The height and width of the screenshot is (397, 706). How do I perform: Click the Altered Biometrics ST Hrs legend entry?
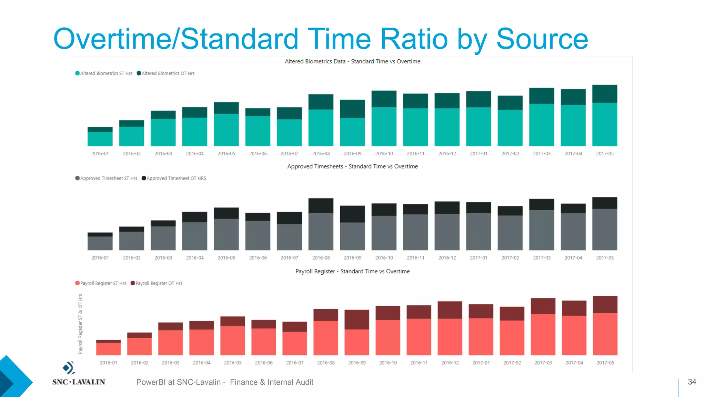(x=104, y=73)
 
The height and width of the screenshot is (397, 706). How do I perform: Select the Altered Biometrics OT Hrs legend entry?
(x=166, y=73)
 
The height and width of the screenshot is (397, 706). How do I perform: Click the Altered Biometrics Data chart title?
(x=352, y=61)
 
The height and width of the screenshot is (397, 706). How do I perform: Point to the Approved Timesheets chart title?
(x=352, y=166)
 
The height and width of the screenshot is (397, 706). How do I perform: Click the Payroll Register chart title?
(x=352, y=272)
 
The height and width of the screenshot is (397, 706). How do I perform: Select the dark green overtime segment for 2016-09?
(x=352, y=109)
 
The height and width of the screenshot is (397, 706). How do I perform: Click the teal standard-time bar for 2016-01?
(x=100, y=139)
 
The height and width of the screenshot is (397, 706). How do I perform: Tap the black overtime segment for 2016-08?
(x=321, y=206)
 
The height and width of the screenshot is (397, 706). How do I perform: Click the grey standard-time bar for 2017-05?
(x=605, y=229)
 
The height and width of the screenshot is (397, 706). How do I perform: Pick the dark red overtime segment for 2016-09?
(x=357, y=319)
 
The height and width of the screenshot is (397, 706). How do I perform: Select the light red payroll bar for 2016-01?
(x=108, y=349)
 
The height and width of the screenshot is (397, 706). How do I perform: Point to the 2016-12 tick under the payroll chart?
(x=450, y=363)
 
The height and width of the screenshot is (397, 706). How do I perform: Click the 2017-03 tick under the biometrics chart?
(x=542, y=154)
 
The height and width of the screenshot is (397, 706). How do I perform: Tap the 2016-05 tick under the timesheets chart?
(x=226, y=258)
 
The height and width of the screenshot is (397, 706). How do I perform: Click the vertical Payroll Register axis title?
(x=80, y=324)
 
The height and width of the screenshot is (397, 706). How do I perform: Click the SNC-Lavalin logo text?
(x=79, y=382)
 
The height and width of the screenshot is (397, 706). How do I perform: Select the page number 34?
(x=692, y=382)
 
